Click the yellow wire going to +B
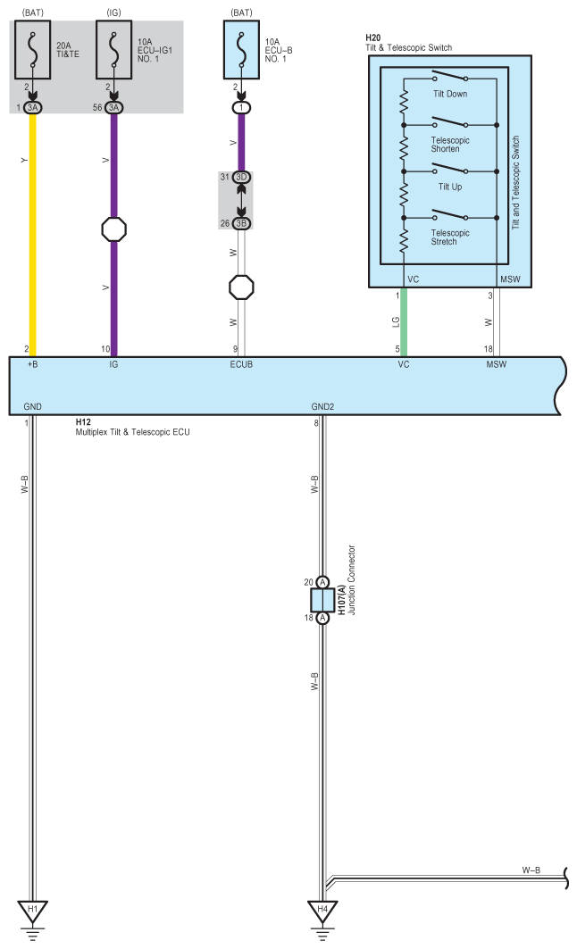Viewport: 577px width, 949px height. [x=34, y=232]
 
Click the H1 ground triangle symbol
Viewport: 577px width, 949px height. [x=33, y=911]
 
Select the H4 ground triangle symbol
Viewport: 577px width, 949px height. [x=322, y=911]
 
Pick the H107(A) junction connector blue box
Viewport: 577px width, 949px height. [x=322, y=598]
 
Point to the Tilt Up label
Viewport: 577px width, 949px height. [x=450, y=187]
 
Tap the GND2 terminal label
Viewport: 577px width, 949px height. [x=322, y=407]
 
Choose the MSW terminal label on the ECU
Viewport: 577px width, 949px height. [x=497, y=365]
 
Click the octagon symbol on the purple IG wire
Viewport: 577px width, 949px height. [x=113, y=229]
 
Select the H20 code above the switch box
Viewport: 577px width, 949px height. [x=372, y=37]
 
